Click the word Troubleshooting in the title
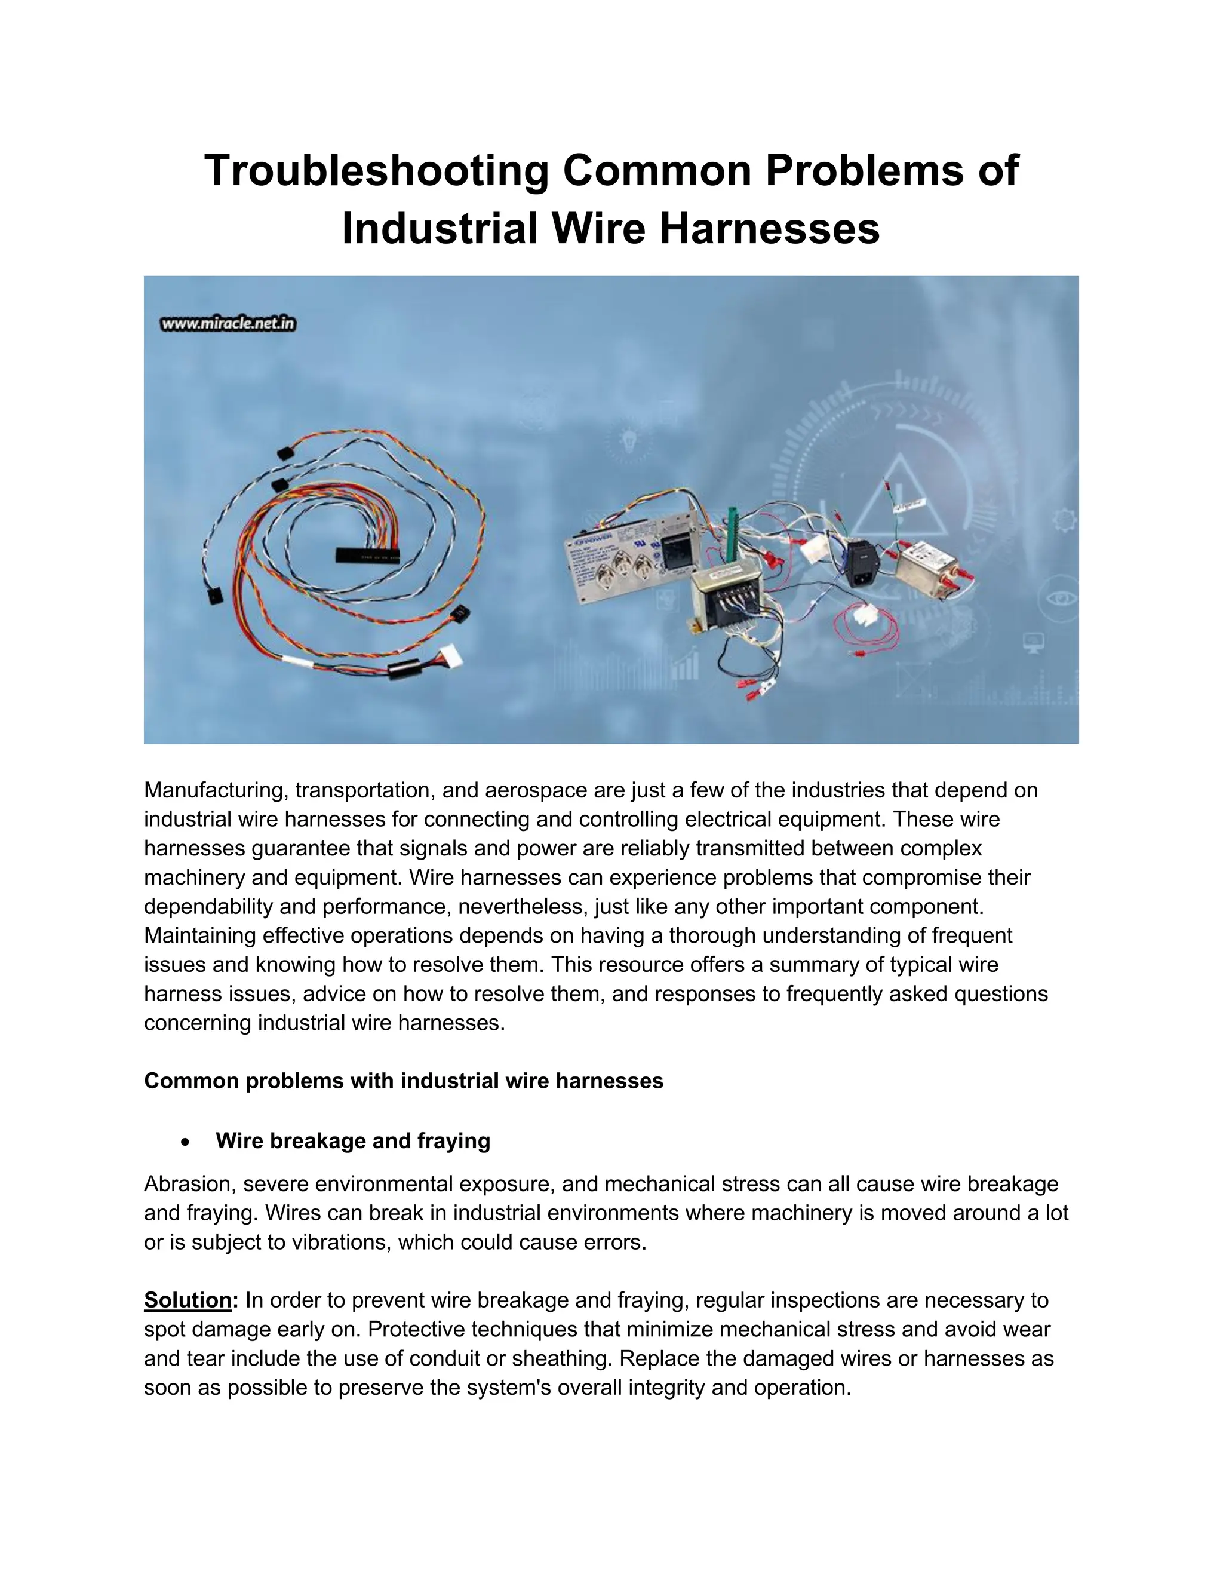coord(376,171)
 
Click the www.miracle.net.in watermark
coord(228,324)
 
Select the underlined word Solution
coord(187,1300)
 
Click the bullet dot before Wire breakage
coord(186,1142)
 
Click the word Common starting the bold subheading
coord(189,1081)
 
